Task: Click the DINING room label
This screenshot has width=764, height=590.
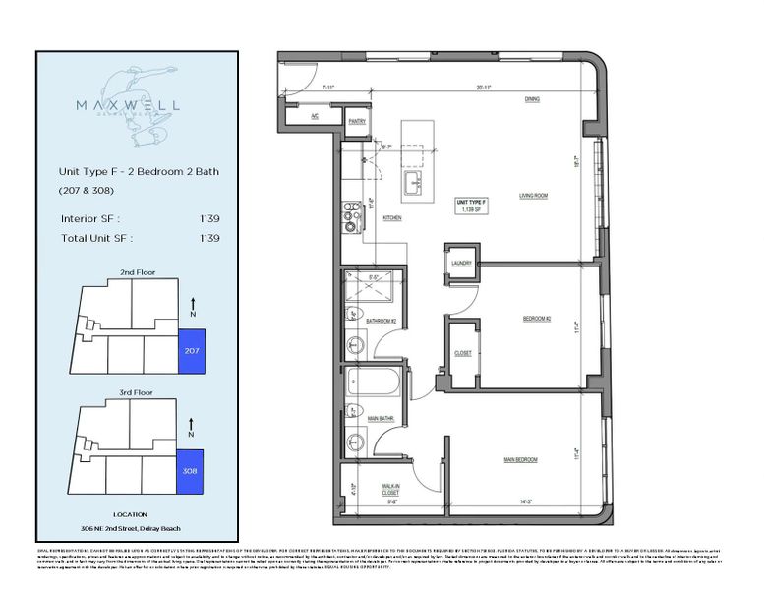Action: click(x=531, y=99)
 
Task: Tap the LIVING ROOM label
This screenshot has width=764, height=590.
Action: click(x=533, y=196)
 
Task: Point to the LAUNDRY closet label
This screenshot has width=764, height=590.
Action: click(x=462, y=264)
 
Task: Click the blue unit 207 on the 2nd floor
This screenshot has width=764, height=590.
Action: click(x=190, y=351)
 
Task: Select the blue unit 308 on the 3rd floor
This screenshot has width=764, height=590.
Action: click(x=190, y=471)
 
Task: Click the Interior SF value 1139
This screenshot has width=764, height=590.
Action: click(x=207, y=219)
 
